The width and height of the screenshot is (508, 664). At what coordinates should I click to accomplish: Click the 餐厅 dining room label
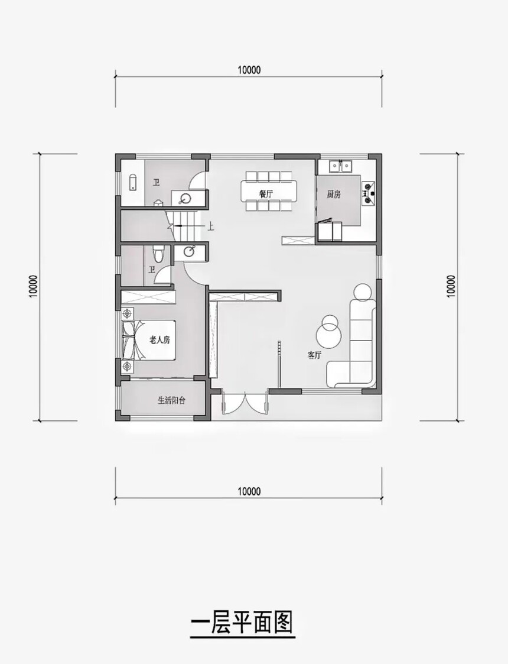click(266, 194)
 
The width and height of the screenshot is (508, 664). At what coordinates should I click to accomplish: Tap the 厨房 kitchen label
click(334, 195)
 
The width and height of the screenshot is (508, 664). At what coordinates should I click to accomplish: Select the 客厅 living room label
click(314, 355)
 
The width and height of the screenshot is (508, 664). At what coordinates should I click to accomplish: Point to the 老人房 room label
click(160, 339)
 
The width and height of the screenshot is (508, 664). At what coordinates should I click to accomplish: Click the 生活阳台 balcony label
click(171, 400)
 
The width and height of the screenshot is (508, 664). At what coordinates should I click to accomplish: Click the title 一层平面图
click(242, 622)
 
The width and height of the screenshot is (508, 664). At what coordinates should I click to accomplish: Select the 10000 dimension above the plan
click(249, 70)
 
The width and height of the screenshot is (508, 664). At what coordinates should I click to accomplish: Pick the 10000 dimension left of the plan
click(34, 286)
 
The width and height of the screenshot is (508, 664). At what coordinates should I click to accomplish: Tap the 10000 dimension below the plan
click(249, 491)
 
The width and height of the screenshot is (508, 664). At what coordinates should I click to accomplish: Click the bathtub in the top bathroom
click(132, 182)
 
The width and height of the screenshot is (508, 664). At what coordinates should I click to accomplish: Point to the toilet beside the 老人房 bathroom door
click(158, 253)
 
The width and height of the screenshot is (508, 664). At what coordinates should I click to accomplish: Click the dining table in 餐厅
click(269, 191)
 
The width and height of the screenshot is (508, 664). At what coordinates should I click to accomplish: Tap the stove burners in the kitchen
click(368, 193)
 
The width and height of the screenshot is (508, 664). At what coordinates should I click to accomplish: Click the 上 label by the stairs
click(210, 226)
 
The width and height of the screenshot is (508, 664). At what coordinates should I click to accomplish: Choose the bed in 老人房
click(148, 339)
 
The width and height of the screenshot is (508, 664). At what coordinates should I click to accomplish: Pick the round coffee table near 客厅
click(328, 332)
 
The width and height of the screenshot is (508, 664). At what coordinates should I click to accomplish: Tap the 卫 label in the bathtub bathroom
click(157, 183)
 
